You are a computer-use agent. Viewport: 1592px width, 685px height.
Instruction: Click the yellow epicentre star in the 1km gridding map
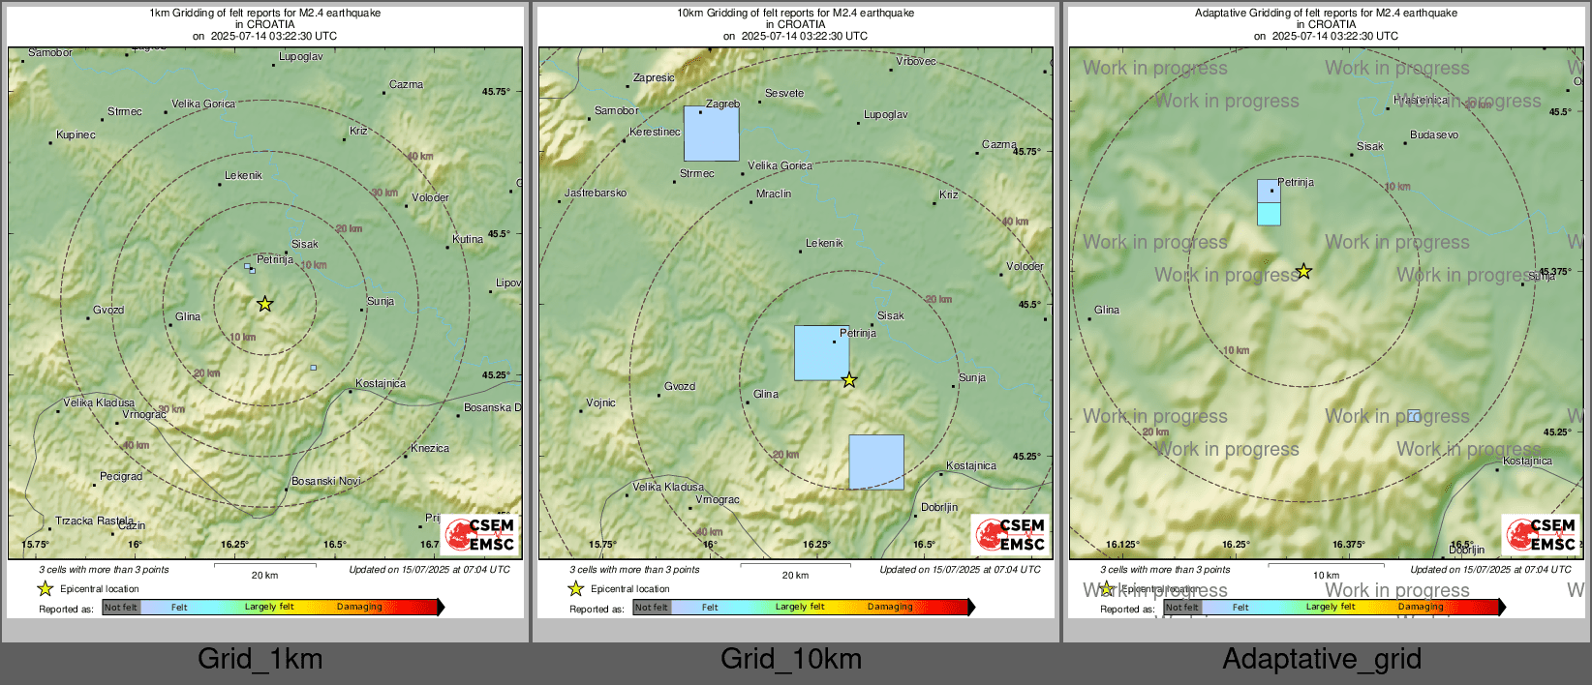click(265, 304)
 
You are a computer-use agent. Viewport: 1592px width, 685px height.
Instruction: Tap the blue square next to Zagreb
click(711, 134)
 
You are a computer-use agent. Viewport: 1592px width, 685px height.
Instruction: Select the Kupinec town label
click(76, 135)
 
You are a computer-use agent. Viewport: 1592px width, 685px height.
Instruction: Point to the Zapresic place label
click(654, 78)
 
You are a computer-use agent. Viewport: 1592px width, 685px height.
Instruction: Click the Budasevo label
click(1434, 135)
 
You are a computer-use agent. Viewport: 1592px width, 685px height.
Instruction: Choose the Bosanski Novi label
click(326, 481)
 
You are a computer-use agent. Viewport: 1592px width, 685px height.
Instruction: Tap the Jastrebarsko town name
click(596, 194)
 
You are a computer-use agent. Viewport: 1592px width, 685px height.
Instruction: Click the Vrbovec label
click(916, 62)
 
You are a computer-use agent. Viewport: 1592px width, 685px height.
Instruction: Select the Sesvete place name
click(784, 94)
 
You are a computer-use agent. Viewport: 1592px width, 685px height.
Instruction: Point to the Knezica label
click(430, 449)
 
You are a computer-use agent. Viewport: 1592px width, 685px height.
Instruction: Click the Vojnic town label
click(600, 403)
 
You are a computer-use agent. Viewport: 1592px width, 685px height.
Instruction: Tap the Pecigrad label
click(121, 477)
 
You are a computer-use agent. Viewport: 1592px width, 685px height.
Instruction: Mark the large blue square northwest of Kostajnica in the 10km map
click(876, 462)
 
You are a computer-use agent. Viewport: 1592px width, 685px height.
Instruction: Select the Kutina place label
click(468, 240)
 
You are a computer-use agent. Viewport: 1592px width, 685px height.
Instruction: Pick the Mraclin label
click(774, 194)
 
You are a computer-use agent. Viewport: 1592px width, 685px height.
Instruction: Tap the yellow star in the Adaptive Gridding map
click(1304, 271)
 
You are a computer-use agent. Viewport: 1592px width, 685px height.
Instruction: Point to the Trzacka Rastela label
click(95, 521)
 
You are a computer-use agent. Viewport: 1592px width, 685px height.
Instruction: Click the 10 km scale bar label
click(1326, 576)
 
